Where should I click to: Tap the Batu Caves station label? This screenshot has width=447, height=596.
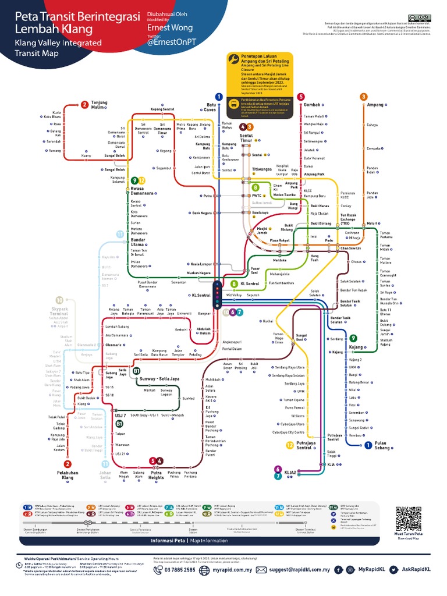211,107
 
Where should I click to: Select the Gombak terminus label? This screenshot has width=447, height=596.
312,105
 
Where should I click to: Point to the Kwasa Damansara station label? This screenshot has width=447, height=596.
143,192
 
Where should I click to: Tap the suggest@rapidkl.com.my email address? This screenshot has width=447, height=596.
299,570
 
